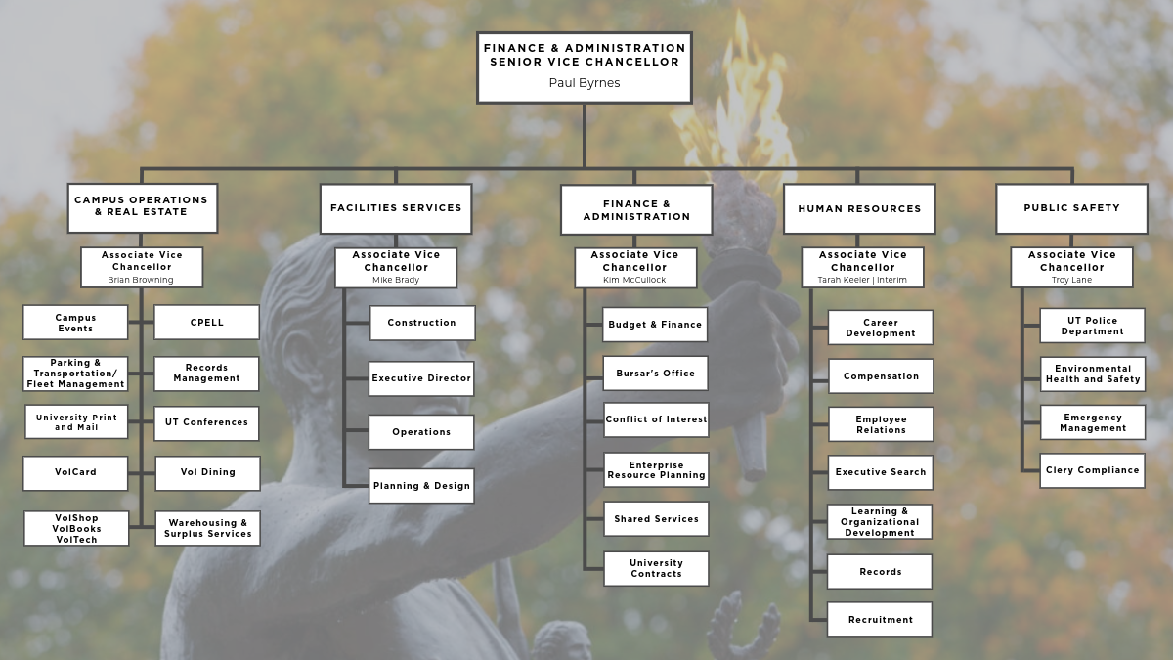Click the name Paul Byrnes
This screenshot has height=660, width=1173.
pos(585,83)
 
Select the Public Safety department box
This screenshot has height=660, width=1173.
pos(1072,208)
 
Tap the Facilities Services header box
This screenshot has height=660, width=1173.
pos(396,208)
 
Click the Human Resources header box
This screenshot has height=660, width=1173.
pos(859,208)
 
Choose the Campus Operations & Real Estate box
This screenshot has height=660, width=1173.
pos(143,208)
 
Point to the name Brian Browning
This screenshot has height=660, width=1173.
pos(141,280)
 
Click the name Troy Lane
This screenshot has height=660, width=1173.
pos(1072,280)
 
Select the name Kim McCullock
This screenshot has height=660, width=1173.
pos(634,280)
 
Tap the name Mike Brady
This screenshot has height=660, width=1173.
pos(396,280)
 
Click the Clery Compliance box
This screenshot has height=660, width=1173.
pos(1093,470)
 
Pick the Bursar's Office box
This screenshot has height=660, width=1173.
pos(656,374)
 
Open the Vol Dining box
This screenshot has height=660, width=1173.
pos(208,473)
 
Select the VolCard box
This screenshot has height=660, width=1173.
pos(75,473)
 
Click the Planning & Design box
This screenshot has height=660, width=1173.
pos(421,486)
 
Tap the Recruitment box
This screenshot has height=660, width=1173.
pos(880,620)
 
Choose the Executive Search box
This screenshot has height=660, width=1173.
pos(881,472)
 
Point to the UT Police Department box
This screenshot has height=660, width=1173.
pos(1093,326)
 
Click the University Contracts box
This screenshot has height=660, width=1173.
pos(656,568)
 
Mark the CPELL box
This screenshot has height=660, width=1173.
pos(206,322)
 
